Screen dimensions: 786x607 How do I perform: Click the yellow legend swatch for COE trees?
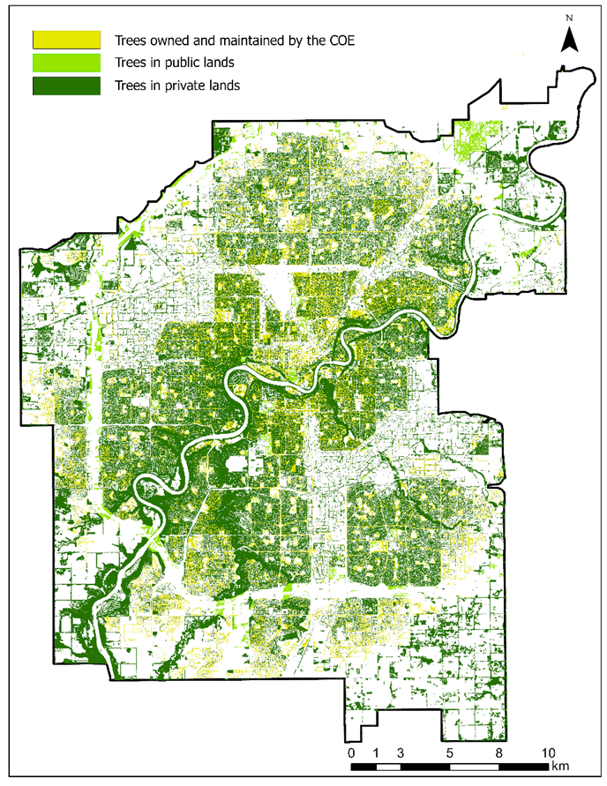65,40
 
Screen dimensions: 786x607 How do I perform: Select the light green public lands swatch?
65,63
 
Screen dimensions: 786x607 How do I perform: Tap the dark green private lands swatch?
65,86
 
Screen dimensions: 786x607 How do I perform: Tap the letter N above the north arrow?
571,19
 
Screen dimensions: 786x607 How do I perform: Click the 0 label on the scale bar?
351,752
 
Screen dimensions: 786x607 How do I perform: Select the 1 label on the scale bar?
376,752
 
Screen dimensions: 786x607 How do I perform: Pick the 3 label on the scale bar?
401,752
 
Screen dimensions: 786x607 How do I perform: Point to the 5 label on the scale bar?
450,752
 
